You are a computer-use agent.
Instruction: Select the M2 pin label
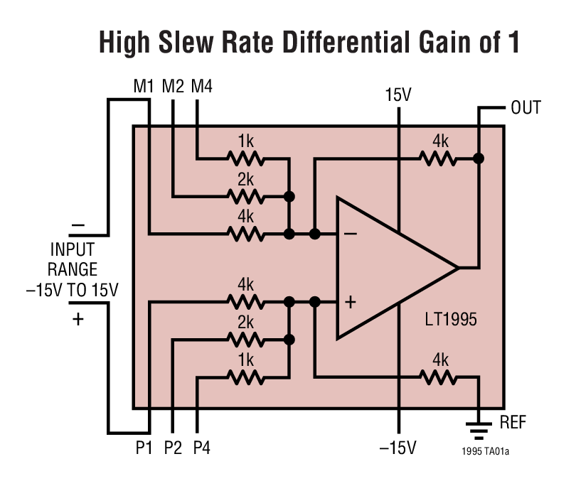tap(173, 87)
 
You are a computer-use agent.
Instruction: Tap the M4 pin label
tap(202, 87)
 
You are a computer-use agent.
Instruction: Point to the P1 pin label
tap(146, 448)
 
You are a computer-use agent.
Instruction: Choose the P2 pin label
tap(173, 448)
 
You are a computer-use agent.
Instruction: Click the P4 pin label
tap(202, 448)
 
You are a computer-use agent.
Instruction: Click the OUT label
tap(526, 108)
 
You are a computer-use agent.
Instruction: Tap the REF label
tap(513, 423)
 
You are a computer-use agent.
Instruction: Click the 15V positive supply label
tap(398, 95)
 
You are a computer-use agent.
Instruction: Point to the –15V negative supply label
tap(397, 448)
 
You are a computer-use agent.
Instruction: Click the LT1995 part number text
tap(448, 320)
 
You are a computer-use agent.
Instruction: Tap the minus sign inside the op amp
tap(350, 233)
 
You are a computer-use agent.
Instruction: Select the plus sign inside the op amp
tap(350, 302)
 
